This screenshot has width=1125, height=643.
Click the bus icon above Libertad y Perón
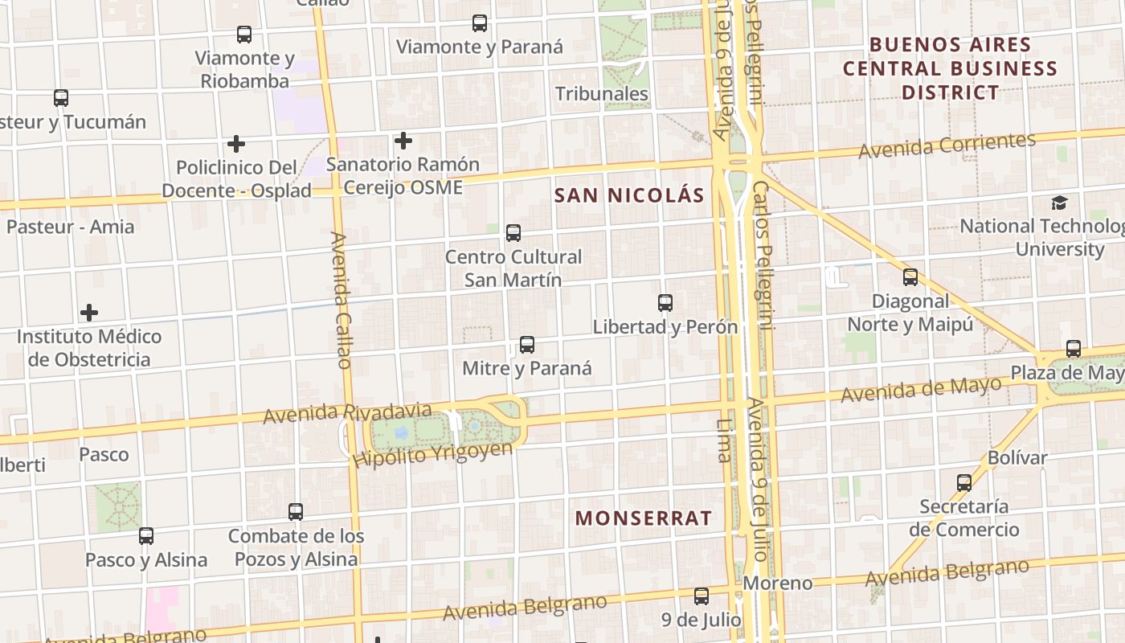pyautogui.click(x=665, y=303)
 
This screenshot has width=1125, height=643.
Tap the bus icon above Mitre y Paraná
pyautogui.click(x=527, y=345)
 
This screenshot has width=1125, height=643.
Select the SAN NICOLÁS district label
pyautogui.click(x=629, y=195)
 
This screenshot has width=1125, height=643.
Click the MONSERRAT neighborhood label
pyautogui.click(x=644, y=518)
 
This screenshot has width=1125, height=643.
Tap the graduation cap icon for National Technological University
pyautogui.click(x=1060, y=203)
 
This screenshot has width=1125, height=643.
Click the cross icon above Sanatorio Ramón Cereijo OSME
pyautogui.click(x=403, y=141)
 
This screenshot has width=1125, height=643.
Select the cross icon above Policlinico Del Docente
pyautogui.click(x=236, y=144)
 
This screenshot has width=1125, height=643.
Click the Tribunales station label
pyautogui.click(x=602, y=94)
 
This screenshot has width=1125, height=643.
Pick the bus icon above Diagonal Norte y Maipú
pyautogui.click(x=910, y=277)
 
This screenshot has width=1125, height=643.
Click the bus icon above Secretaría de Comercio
pyautogui.click(x=964, y=483)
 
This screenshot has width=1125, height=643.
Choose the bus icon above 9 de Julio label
pyautogui.click(x=702, y=596)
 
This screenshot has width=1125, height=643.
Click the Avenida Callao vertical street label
pyautogui.click(x=341, y=300)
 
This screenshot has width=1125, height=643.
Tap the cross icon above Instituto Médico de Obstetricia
pyautogui.click(x=89, y=313)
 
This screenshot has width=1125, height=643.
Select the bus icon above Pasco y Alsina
pyautogui.click(x=146, y=535)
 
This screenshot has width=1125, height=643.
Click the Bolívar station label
pyautogui.click(x=1017, y=458)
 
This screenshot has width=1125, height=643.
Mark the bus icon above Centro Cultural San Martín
pyautogui.click(x=513, y=233)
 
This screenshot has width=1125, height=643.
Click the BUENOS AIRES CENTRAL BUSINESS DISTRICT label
pyautogui.click(x=950, y=68)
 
